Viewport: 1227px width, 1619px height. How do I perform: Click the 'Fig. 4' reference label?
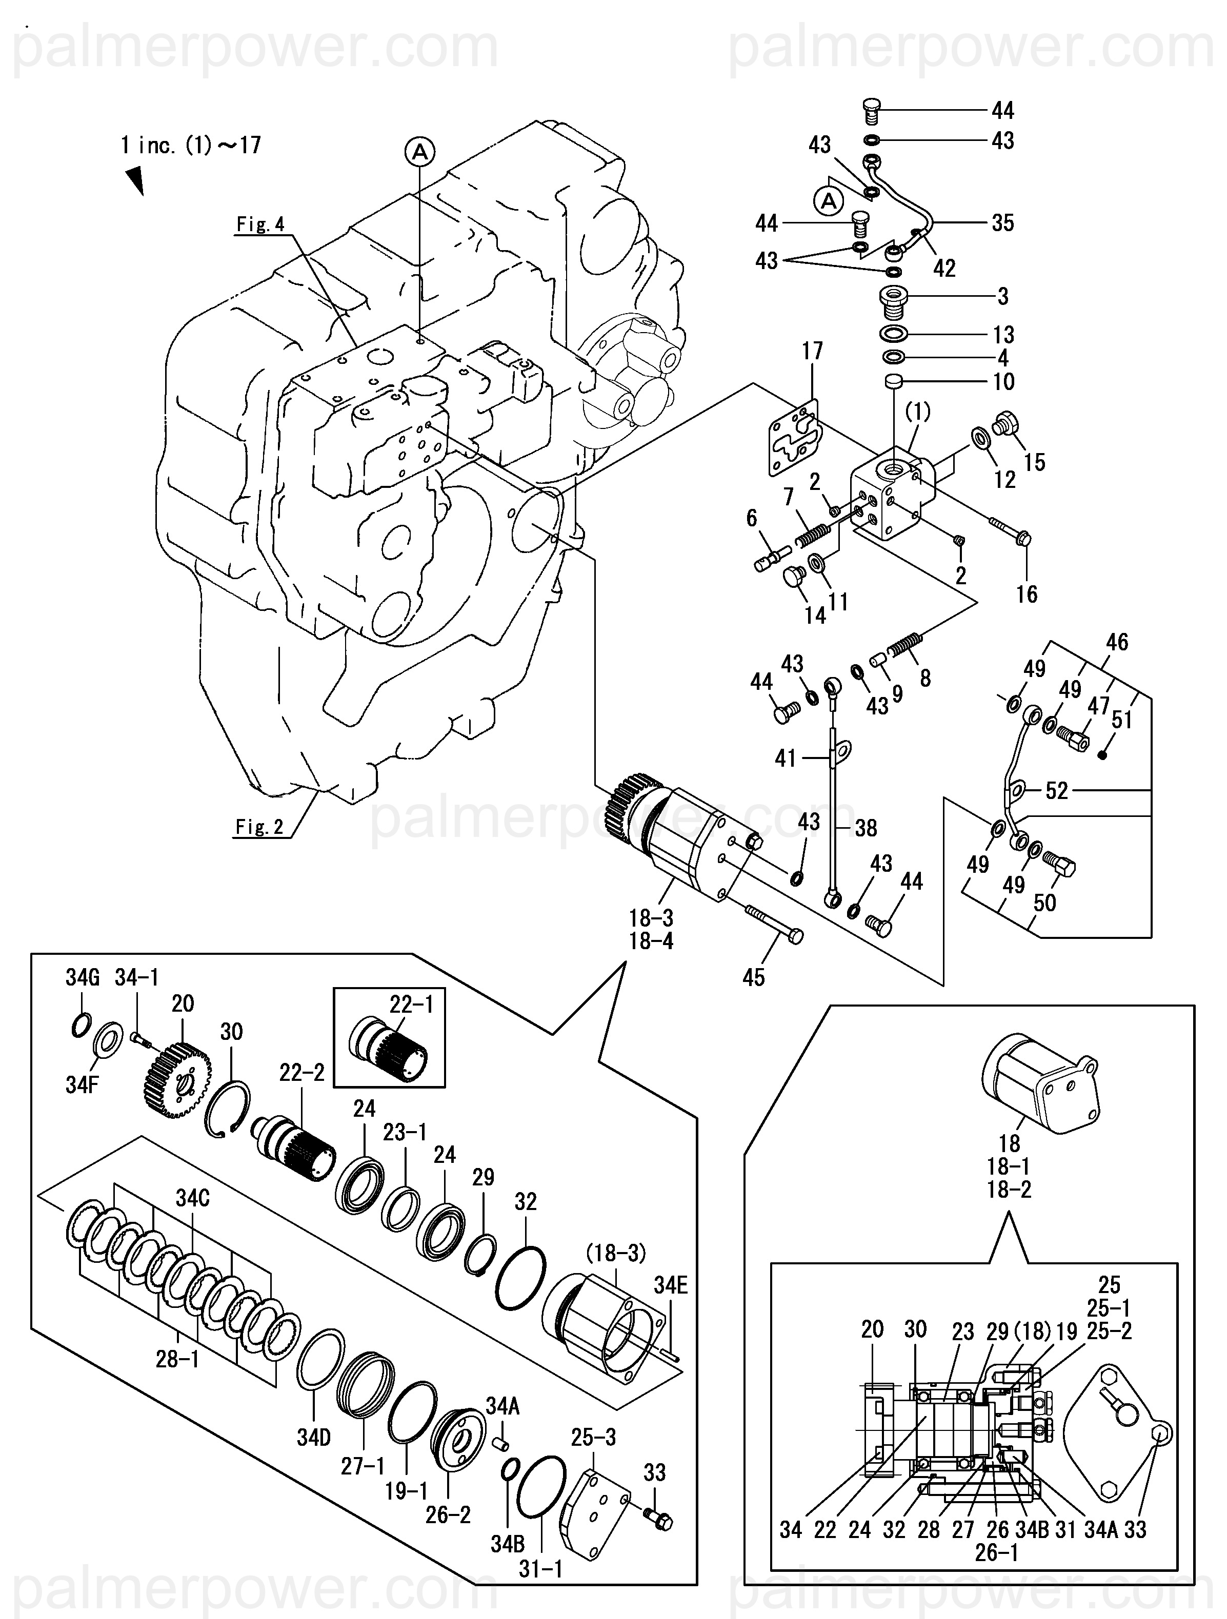(x=260, y=224)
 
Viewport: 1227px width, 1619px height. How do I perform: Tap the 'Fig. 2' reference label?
(x=259, y=827)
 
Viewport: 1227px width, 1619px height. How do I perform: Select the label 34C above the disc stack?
(x=193, y=1198)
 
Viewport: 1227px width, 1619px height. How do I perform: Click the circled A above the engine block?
(x=419, y=152)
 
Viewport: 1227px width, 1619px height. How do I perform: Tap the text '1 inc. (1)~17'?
(x=191, y=145)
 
